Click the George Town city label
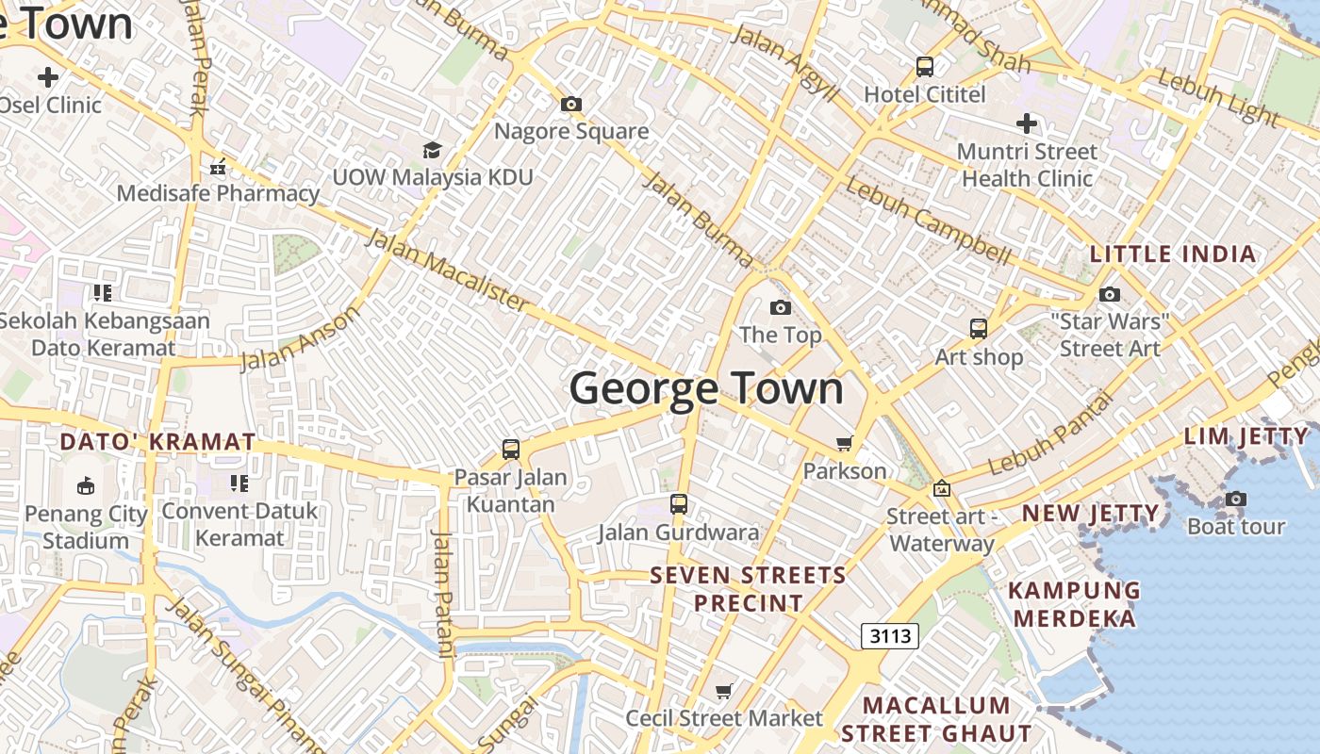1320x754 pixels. coord(706,388)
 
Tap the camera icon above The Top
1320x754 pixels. coord(781,307)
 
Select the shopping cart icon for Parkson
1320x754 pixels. coord(844,443)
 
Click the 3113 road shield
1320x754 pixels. coord(890,636)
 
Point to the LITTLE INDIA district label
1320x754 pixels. coord(1173,254)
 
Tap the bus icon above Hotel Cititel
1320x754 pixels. coord(925,67)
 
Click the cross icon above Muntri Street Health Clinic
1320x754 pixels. coord(1027,123)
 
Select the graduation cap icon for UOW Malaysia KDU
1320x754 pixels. coord(432,150)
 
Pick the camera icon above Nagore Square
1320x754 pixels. coord(571,104)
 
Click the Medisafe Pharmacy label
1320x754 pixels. coord(218,193)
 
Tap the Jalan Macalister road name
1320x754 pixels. coord(448,269)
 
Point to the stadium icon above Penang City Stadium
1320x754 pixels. coord(86,485)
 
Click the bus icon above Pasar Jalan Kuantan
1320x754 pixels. coord(511,449)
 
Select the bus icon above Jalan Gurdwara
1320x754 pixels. coord(679,504)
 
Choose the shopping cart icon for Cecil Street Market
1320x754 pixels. coord(724,692)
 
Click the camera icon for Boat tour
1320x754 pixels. coord(1235,499)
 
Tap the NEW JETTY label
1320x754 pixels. coord(1091,514)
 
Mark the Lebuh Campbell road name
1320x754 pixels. coord(928,221)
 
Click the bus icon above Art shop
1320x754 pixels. coord(979,329)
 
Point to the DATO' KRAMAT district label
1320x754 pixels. coord(157,441)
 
